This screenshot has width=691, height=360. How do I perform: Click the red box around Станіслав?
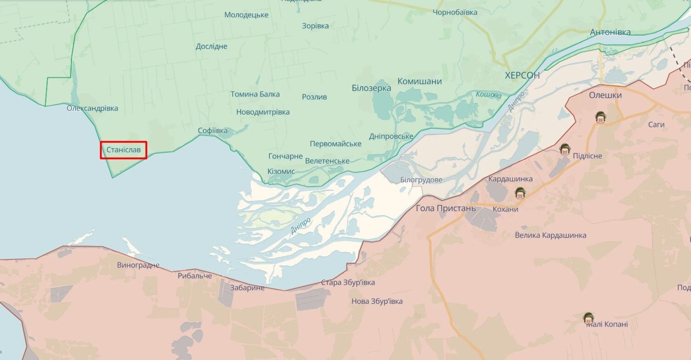[x=124, y=150]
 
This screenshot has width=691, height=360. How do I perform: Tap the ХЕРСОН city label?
[x=522, y=75]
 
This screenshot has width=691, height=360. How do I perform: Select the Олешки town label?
[x=605, y=95]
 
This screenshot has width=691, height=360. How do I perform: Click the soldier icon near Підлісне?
[x=564, y=149]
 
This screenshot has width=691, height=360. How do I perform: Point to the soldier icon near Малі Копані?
[x=588, y=317]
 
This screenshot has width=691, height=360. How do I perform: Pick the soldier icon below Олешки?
[x=600, y=117]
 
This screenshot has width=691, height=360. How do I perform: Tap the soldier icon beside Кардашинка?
[x=520, y=193]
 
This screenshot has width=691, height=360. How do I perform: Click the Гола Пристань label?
[x=446, y=208]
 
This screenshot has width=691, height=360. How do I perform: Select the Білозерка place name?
[x=371, y=88]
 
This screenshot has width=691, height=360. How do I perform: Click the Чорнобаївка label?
[x=455, y=12]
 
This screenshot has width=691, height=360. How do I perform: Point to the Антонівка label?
[x=610, y=32]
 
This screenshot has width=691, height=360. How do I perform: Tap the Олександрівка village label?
[x=92, y=109]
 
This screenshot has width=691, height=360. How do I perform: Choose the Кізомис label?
[x=281, y=171]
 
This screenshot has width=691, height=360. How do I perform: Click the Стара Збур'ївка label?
[x=348, y=282]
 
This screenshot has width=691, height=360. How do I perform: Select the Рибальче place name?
[x=195, y=276]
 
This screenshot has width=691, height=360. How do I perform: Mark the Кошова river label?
[x=488, y=95]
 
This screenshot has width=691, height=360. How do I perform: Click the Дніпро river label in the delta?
[x=301, y=225]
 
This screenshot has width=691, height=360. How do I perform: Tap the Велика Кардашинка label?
[x=550, y=235]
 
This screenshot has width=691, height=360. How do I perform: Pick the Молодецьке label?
[x=246, y=15]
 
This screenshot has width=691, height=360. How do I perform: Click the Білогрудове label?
[x=421, y=180]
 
